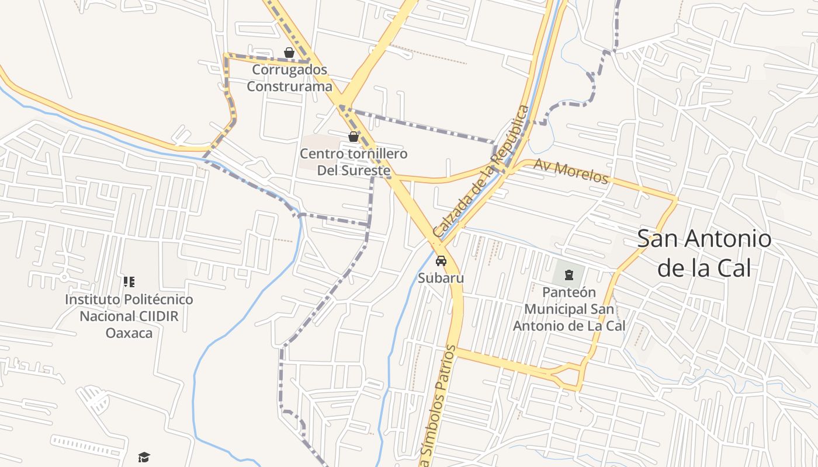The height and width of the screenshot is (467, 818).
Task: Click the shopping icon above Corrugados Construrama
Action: click(289, 53)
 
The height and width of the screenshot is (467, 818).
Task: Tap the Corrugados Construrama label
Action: click(289, 78)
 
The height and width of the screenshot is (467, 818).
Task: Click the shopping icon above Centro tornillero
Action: click(353, 137)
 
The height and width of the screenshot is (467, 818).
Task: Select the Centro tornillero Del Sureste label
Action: click(353, 162)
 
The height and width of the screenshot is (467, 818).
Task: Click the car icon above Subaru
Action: click(441, 260)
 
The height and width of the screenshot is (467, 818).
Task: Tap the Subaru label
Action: click(441, 278)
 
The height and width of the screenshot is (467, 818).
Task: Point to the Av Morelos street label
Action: click(570, 171)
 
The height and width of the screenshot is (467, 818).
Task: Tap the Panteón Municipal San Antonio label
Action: click(569, 309)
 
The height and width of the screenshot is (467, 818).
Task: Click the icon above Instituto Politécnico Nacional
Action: click(129, 282)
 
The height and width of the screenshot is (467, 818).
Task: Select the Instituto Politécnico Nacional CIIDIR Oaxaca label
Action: click(129, 316)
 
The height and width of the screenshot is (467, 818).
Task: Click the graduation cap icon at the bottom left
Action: click(144, 457)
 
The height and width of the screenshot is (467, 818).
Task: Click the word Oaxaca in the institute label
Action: click(129, 333)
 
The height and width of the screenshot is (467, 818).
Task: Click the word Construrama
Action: click(289, 86)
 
